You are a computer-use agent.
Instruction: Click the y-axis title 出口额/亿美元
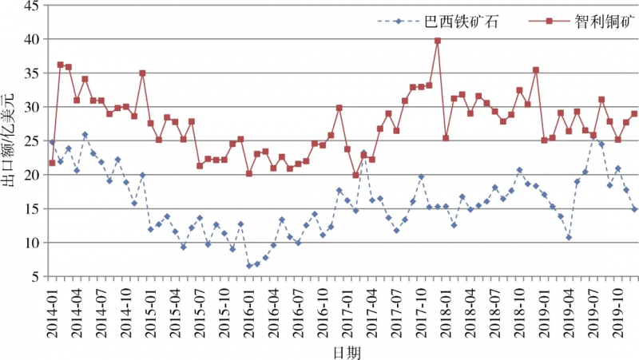(7, 140)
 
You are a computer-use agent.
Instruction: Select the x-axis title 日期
(347, 352)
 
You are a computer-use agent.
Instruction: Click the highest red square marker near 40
(438, 41)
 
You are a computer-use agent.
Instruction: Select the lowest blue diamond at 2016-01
(249, 266)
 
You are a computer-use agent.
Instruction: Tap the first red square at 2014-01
(52, 163)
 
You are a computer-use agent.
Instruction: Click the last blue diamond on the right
(634, 209)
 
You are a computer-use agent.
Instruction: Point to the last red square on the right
(634, 114)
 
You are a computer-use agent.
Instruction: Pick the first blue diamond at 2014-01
(52, 142)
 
